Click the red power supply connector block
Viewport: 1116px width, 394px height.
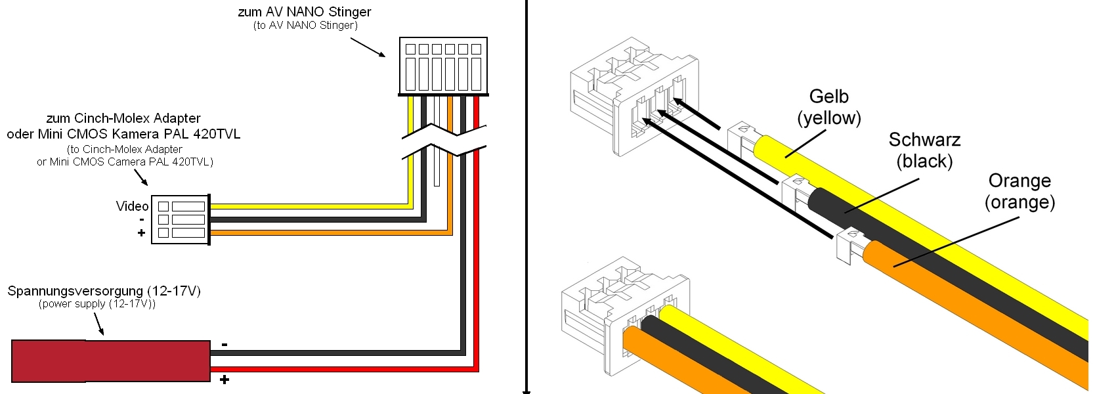pyautogui.click(x=110, y=361)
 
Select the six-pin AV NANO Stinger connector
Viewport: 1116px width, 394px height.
pyautogui.click(x=443, y=66)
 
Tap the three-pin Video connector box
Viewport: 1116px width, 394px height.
pyautogui.click(x=181, y=219)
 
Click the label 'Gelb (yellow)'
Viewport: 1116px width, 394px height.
pyautogui.click(x=829, y=107)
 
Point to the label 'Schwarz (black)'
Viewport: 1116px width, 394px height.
pyautogui.click(x=924, y=150)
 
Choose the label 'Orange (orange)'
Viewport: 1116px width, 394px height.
pyautogui.click(x=1019, y=191)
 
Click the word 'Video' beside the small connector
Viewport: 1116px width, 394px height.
pyautogui.click(x=132, y=206)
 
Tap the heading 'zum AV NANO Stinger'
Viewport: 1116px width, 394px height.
pyautogui.click(x=305, y=12)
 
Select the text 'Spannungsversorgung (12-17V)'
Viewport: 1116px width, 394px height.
pyautogui.click(x=104, y=291)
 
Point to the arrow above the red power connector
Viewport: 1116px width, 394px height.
pyautogui.click(x=98, y=324)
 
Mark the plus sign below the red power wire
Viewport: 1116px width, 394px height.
pyautogui.click(x=225, y=380)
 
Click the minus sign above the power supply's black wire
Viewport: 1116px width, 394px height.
pyautogui.click(x=225, y=344)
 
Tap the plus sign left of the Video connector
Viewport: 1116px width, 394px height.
pyautogui.click(x=141, y=232)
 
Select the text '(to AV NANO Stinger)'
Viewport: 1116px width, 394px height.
pyautogui.click(x=305, y=25)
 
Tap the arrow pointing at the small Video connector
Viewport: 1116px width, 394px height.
pyautogui.click(x=140, y=177)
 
